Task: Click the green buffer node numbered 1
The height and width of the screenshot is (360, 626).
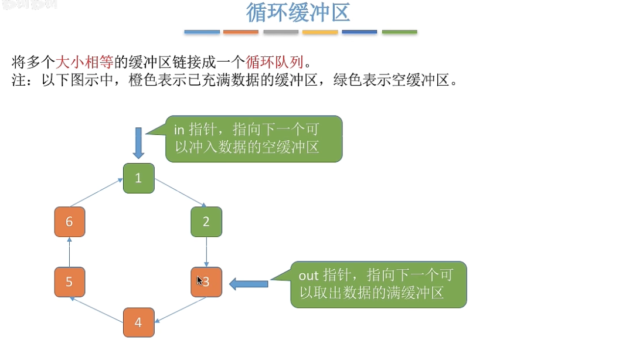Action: pos(138,178)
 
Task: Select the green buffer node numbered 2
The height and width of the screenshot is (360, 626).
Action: pos(206,222)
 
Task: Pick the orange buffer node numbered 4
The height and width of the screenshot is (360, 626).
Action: pos(138,322)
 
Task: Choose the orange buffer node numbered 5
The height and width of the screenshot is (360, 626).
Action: pos(69,282)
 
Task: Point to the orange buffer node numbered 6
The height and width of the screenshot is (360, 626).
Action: pos(69,222)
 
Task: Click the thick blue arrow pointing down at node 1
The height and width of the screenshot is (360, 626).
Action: pos(138,143)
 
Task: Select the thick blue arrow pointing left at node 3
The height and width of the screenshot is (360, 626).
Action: pos(249,284)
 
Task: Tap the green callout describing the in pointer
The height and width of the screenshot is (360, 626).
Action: pos(253,139)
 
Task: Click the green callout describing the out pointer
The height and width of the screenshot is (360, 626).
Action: pos(379,284)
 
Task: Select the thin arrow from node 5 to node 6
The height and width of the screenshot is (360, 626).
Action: pos(69,252)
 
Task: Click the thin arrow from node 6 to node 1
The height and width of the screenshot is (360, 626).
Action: pos(96,193)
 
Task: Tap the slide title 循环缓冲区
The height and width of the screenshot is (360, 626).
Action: pos(298,13)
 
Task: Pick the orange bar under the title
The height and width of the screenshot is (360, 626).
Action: pos(241,32)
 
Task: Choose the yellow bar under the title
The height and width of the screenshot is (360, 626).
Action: pos(320,32)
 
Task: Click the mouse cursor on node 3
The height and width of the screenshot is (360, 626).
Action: pos(199,281)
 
